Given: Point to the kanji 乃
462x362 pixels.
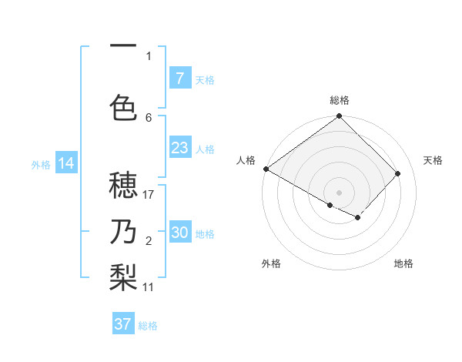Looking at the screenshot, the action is (123, 231).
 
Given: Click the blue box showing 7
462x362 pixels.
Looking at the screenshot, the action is (179, 79).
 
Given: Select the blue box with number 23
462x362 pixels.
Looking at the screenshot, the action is (179, 148).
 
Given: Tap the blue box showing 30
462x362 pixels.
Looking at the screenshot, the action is (179, 233).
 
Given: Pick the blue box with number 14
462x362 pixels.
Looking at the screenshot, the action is (65, 163).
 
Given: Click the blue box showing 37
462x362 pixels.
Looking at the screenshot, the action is (123, 324).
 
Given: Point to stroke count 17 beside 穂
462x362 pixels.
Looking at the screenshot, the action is (149, 195).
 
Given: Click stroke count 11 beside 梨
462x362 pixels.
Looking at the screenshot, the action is (149, 287).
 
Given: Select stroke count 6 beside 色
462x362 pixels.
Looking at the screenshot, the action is (149, 117).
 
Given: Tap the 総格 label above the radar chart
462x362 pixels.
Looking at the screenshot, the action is (340, 100).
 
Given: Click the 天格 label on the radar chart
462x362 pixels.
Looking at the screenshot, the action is (434, 160).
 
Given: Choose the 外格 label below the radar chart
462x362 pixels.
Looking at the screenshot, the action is (271, 263).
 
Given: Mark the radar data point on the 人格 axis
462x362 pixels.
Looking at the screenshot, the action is (266, 169).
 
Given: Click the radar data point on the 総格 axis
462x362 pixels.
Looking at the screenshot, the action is (339, 116).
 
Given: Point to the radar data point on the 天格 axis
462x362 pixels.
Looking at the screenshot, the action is (398, 173).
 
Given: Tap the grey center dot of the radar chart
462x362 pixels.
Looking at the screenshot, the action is (339, 193).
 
